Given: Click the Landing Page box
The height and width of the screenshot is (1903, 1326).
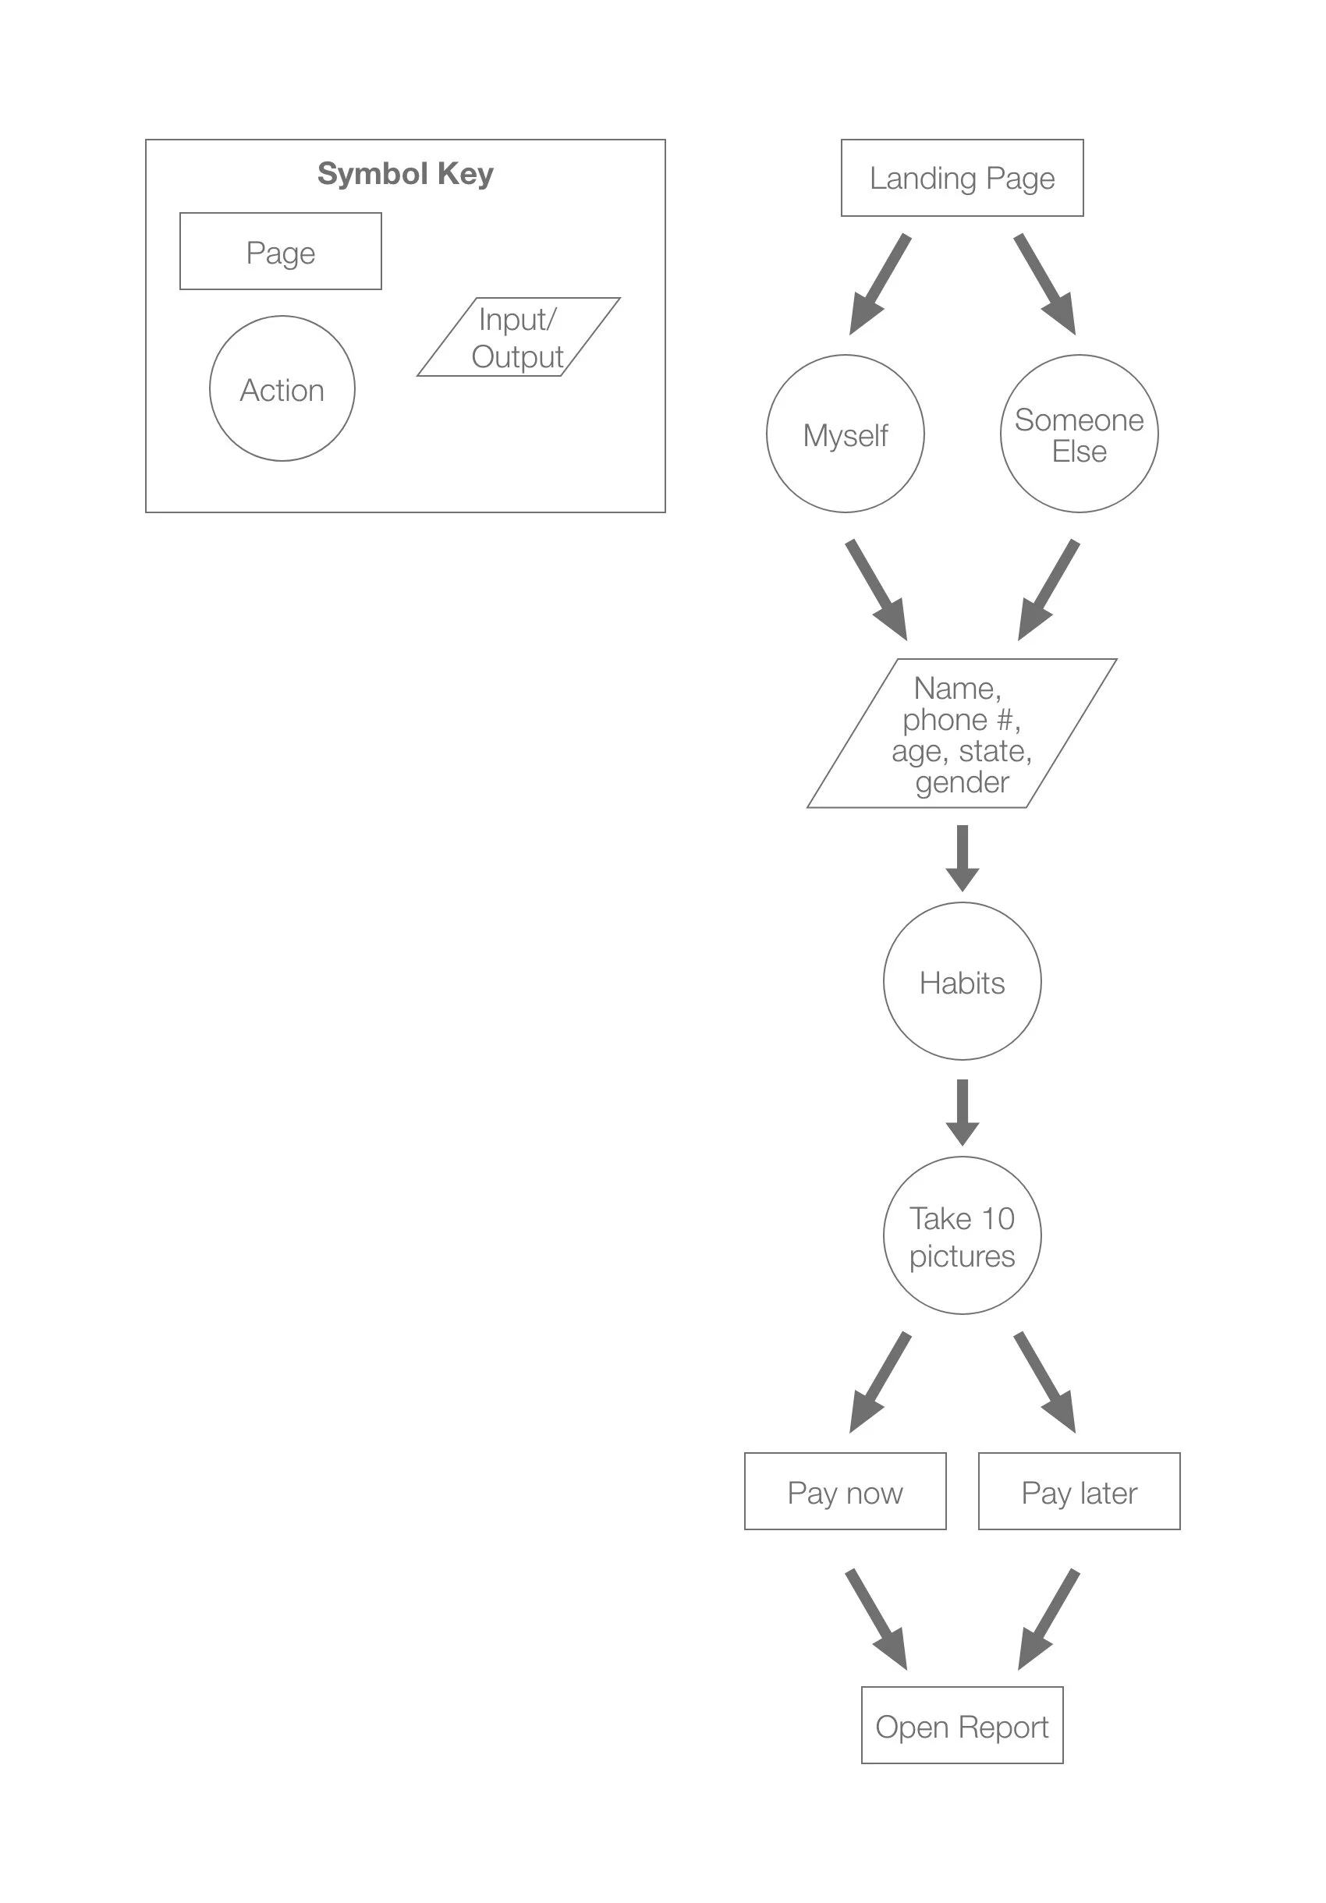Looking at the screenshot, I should pyautogui.click(x=961, y=178).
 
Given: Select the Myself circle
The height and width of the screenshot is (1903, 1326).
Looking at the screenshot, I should pyautogui.click(x=845, y=434).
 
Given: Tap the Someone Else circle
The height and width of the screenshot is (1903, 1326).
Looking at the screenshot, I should pyautogui.click(x=1078, y=434).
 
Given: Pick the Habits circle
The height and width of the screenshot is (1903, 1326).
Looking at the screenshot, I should pyautogui.click(x=961, y=980).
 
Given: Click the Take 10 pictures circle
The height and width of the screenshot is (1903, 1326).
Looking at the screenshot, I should pyautogui.click(x=961, y=1235).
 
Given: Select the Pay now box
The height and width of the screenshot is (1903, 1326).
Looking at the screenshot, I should pyautogui.click(x=845, y=1491).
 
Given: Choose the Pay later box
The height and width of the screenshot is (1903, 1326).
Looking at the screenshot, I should pyautogui.click(x=1078, y=1491).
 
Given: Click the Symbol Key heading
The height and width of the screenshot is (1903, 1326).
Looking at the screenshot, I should pyautogui.click(x=406, y=174).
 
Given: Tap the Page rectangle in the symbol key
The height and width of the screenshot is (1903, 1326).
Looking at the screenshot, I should pyautogui.click(x=280, y=251).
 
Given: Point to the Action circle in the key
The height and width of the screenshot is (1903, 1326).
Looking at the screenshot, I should pyautogui.click(x=282, y=388).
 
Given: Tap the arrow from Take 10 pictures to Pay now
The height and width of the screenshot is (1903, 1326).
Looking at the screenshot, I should pyautogui.click(x=878, y=1384).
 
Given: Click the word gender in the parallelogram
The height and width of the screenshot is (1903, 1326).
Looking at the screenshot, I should pyautogui.click(x=961, y=782).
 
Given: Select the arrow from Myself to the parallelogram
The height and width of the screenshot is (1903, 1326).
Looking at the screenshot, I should pyautogui.click(x=877, y=590).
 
